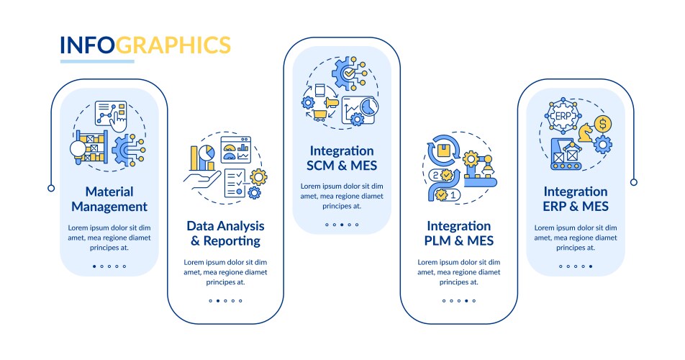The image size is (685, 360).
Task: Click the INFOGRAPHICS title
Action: coord(145,45)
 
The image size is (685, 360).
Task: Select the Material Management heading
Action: coord(109,199)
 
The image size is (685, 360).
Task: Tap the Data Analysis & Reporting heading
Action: coord(225,233)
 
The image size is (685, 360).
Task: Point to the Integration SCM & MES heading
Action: coord(342,158)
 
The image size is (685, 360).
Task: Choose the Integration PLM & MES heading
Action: coord(459,233)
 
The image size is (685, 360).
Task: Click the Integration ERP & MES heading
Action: coord(576,199)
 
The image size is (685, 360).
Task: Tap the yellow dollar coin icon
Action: coord(603,124)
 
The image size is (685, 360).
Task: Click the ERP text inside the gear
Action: coord(563,116)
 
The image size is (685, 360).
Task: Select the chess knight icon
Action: coord(586,132)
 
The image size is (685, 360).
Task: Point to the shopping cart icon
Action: coord(319,115)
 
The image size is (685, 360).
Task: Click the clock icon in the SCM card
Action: coord(369,107)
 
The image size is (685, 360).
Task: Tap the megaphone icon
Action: coord(332,103)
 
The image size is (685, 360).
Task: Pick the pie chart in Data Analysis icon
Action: coord(207,153)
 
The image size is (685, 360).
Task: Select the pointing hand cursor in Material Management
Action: coord(117,121)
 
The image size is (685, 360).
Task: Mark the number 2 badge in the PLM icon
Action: coord(435,175)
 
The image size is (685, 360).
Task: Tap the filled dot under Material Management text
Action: coord(94,266)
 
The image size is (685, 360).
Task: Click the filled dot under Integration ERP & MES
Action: coord(591,266)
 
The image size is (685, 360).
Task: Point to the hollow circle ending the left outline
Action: coord(51,189)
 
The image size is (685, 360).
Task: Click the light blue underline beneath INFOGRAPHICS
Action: coord(97,62)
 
